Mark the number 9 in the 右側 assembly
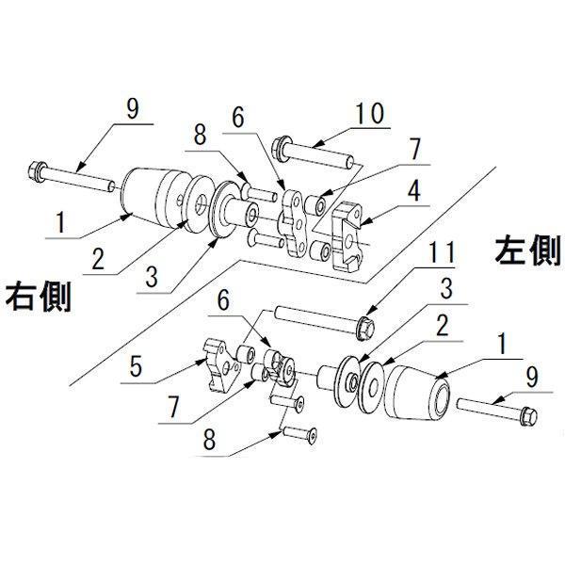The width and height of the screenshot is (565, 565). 131,109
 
